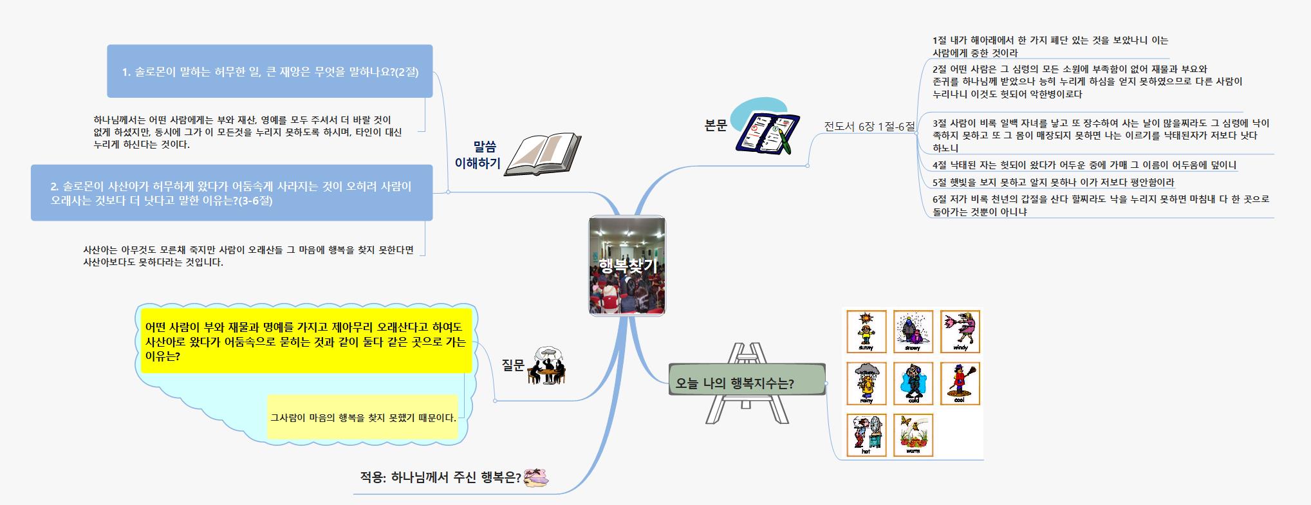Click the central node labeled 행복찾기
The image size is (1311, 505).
(627, 266)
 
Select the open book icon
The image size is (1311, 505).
(543, 154)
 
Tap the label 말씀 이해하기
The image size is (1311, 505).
(478, 155)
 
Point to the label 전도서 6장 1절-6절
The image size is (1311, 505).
(869, 126)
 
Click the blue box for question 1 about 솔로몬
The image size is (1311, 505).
(270, 71)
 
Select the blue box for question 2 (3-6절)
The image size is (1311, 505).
(232, 193)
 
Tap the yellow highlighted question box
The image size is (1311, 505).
(306, 342)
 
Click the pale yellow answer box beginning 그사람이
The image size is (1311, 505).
(363, 418)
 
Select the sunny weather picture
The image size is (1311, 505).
(866, 332)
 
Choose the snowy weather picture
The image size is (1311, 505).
(913, 332)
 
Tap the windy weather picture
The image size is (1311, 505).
(960, 332)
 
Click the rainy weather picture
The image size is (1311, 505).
(866, 383)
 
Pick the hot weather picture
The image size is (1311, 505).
(866, 435)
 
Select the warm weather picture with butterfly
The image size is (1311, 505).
(913, 435)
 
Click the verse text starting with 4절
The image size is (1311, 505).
(1084, 165)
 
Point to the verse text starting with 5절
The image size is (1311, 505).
(1053, 182)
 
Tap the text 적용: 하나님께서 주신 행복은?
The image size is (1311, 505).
(440, 477)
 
